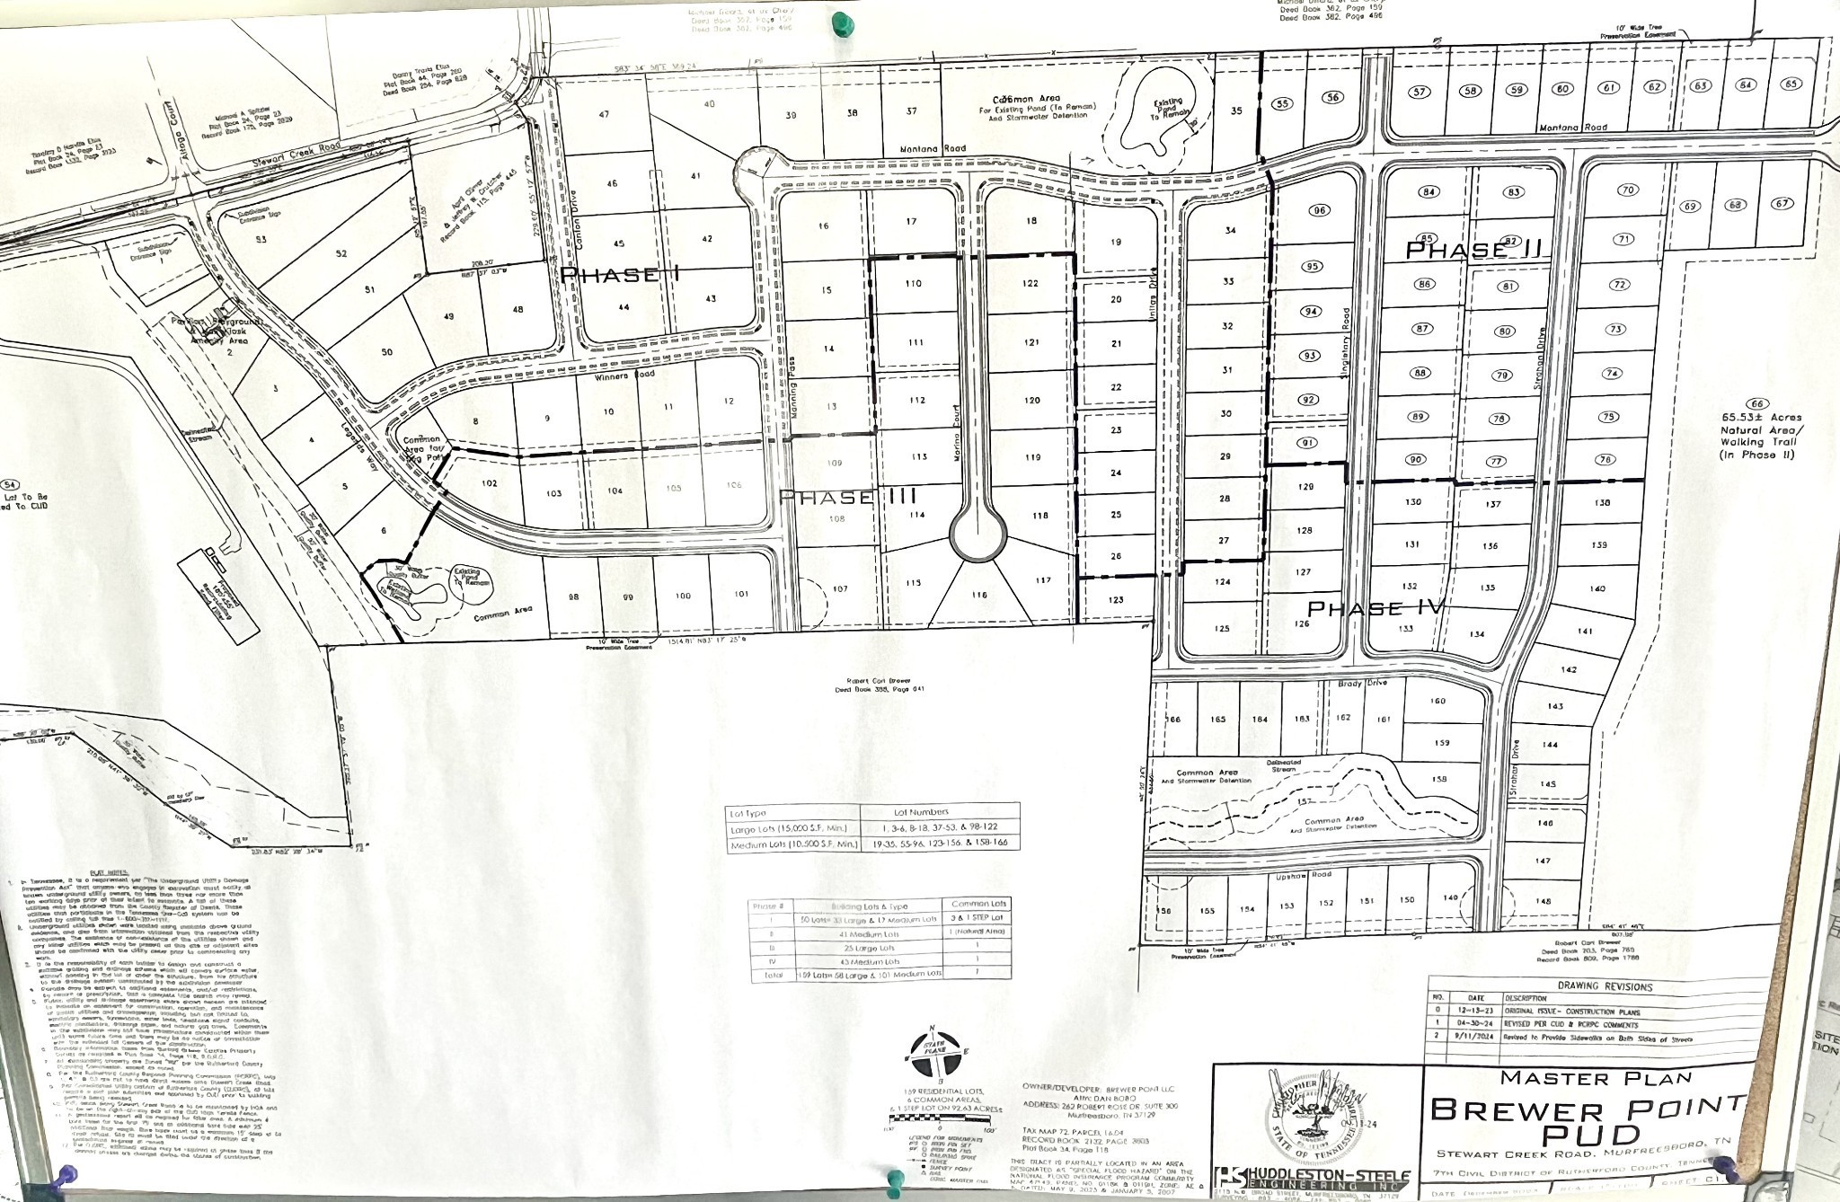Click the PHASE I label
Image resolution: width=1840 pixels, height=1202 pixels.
[x=620, y=275]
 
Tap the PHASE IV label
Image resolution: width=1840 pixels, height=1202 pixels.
[x=1375, y=608]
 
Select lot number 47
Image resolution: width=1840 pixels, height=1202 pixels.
[x=604, y=114]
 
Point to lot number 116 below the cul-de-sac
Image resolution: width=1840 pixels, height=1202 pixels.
[x=979, y=594]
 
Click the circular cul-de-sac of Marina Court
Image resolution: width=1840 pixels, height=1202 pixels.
[x=978, y=536]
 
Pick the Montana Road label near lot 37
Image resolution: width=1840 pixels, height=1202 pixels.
[x=941, y=149]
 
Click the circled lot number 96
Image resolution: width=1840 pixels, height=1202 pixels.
[x=1319, y=211]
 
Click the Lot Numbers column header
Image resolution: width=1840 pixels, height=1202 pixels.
[x=939, y=811]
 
